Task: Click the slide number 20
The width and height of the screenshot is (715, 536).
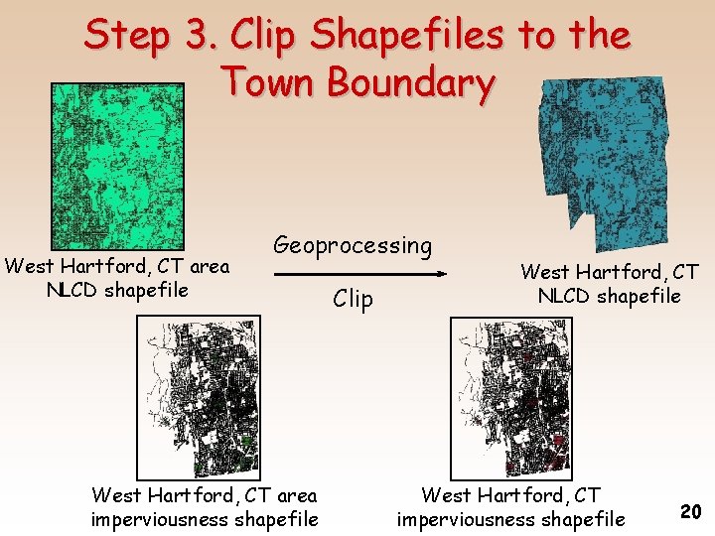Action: point(691,511)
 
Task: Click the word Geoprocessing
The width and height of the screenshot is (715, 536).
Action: point(353,245)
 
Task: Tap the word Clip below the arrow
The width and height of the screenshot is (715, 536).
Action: point(353,298)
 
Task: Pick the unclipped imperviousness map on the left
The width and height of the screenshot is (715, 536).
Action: point(199,397)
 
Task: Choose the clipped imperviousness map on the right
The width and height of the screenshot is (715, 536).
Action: point(511,397)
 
